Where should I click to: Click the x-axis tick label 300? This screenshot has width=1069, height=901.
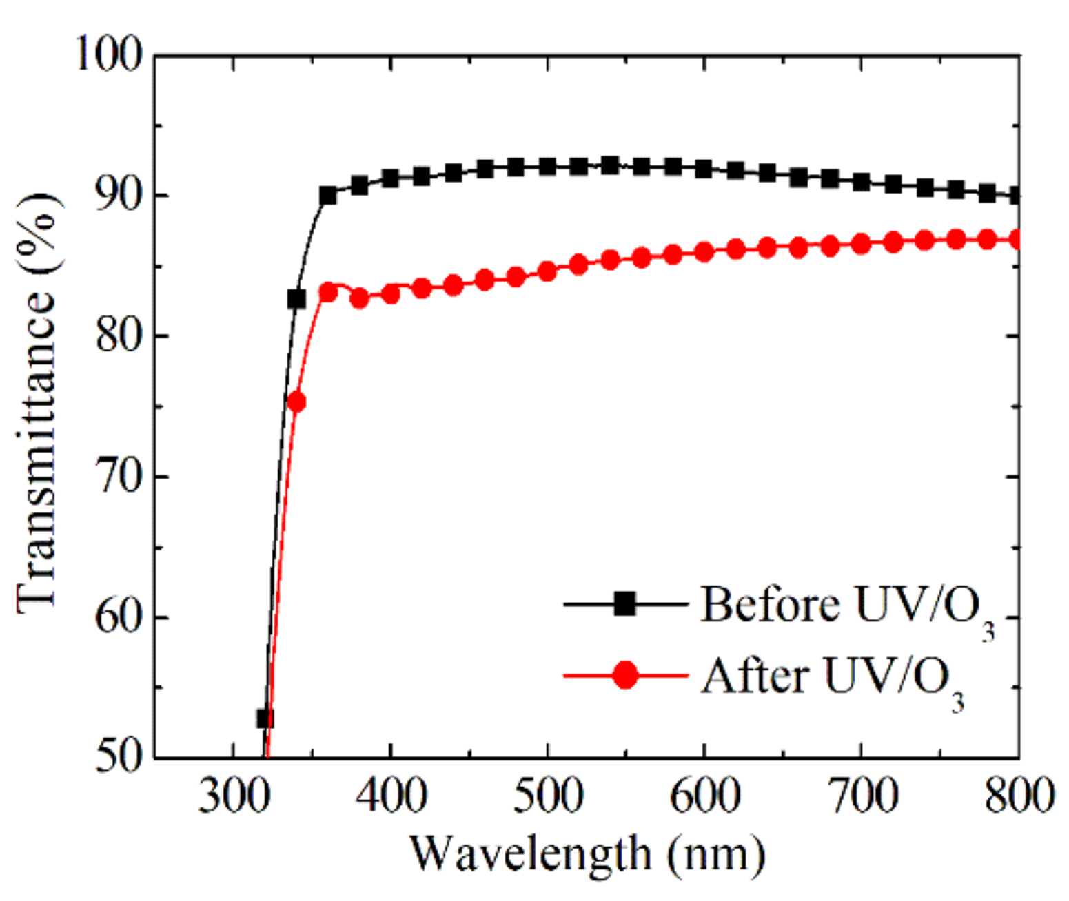click(233, 795)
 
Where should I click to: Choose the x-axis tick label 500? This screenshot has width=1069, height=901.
click(548, 795)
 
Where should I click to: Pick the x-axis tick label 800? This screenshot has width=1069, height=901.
click(1019, 795)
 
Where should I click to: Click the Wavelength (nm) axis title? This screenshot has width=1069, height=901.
click(588, 854)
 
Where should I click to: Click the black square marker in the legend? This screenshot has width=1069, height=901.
click(625, 604)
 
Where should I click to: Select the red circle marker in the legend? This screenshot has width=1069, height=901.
click(625, 675)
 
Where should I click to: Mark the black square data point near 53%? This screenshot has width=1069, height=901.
click(265, 718)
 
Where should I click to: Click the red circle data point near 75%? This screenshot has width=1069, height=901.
click(296, 402)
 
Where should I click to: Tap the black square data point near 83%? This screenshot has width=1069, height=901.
click(296, 299)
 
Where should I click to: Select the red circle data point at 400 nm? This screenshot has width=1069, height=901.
click(391, 294)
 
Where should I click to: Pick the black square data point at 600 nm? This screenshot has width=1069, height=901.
click(704, 169)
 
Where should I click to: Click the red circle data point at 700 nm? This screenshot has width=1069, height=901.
click(861, 243)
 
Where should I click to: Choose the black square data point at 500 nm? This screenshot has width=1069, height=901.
click(548, 166)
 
